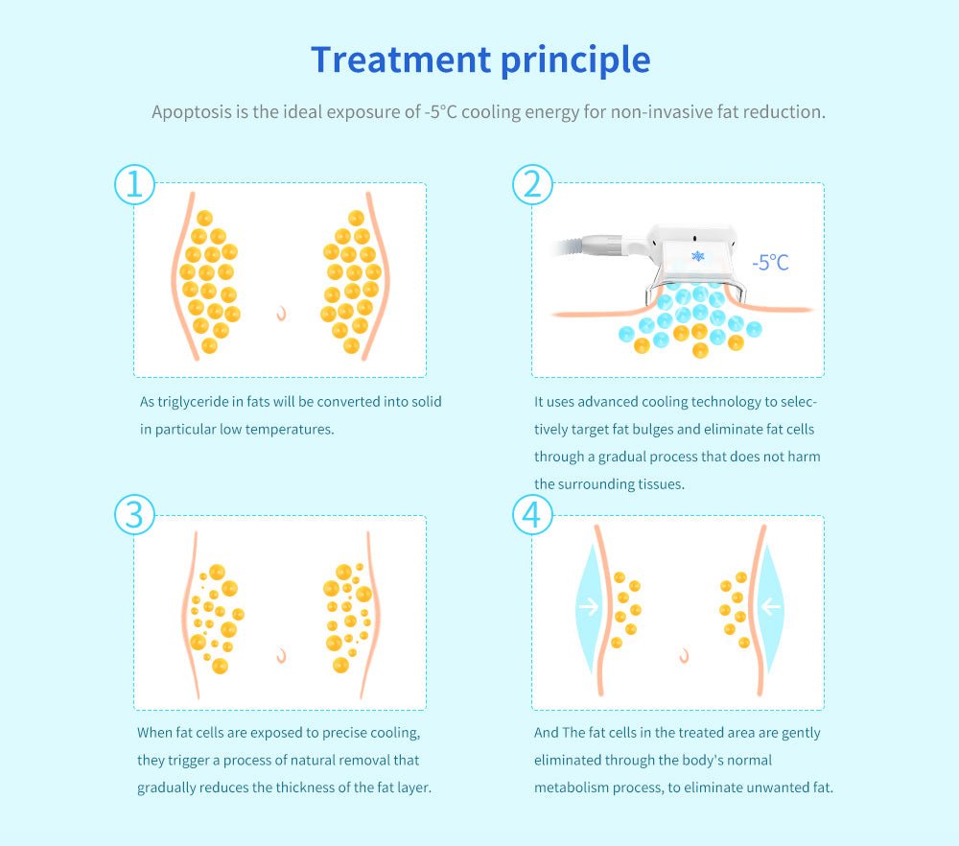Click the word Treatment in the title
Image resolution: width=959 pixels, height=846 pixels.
coord(401,59)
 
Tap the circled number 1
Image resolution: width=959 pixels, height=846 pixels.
coord(134,184)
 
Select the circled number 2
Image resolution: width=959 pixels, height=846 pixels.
coord(532,184)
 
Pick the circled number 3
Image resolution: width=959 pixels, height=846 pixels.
coord(134,514)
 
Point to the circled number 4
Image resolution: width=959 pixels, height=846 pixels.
coord(532,514)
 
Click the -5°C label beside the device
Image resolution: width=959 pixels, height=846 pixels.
coord(770,263)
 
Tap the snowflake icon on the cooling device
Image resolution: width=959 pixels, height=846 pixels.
coord(698,256)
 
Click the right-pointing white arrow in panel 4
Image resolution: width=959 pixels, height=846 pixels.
coord(589,607)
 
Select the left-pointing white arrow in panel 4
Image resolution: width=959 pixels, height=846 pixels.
coord(771,607)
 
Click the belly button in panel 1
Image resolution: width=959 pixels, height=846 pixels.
coord(281,314)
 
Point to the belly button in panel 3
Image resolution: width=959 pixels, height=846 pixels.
coord(281,656)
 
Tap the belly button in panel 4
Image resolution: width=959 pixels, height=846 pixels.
coord(685,656)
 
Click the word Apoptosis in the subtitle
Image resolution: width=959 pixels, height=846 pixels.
coord(192,112)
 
